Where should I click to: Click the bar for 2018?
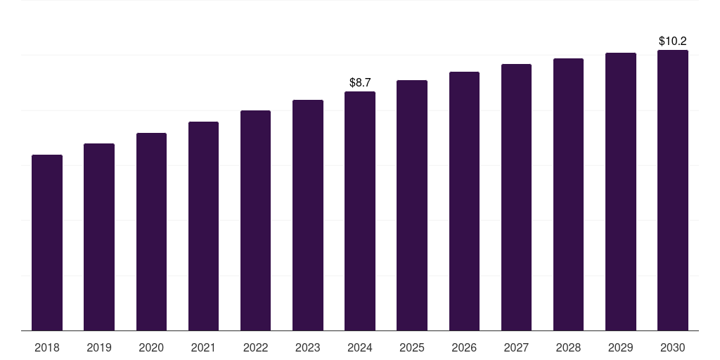tap(47, 243)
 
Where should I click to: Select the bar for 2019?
tap(99, 237)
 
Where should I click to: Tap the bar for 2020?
tap(151, 231)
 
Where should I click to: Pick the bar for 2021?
tap(203, 226)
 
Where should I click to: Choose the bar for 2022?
tap(255, 220)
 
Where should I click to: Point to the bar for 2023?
tap(308, 215)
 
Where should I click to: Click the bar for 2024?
tap(360, 211)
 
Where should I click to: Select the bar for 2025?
tap(412, 205)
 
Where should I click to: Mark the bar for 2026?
tap(464, 201)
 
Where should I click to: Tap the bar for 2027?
tap(516, 197)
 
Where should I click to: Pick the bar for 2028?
tap(568, 194)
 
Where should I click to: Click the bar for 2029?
tap(621, 191)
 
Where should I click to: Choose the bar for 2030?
tap(673, 190)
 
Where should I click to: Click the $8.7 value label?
tap(360, 83)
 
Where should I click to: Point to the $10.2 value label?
tap(673, 41)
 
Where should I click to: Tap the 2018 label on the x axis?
tap(47, 347)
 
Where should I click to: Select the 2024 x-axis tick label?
tap(360, 347)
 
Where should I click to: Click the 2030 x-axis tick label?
tap(673, 347)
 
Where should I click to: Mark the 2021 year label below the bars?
tap(203, 347)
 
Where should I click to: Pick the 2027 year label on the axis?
tap(516, 347)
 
